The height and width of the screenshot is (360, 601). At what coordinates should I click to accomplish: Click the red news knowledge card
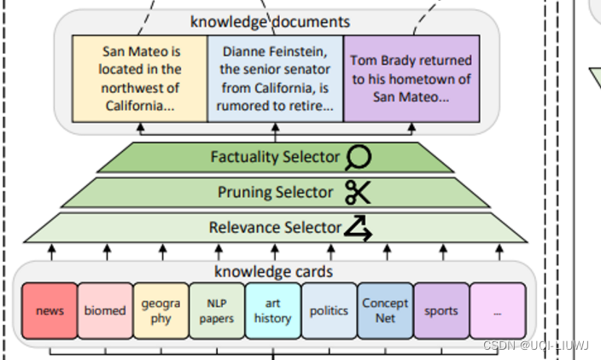coord(50,311)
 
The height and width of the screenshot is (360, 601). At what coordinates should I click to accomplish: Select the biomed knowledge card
coord(105,311)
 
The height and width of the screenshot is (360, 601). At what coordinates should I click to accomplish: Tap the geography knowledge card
coord(160,311)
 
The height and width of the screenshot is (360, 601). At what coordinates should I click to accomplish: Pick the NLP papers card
coord(217,311)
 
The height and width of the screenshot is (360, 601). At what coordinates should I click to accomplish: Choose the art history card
coord(272,311)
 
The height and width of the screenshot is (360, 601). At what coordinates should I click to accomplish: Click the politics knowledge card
coord(329,311)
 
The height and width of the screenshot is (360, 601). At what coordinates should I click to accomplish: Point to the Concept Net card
coord(385,311)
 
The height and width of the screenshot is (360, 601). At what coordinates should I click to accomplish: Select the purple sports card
coord(441,311)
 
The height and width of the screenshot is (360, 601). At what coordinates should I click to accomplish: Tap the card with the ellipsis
coord(497,311)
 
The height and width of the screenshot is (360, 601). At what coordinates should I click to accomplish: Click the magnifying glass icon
coord(359,157)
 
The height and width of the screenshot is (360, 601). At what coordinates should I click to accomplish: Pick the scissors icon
coord(358,193)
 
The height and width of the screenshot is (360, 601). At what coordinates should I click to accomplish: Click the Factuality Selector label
coord(275,157)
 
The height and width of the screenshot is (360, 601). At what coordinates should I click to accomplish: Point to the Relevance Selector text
coord(274,228)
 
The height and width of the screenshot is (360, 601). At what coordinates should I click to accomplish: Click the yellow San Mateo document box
coord(140,78)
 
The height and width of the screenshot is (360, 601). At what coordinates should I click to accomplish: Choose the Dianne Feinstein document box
coord(275,78)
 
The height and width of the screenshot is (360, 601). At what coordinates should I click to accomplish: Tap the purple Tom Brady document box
coord(411,78)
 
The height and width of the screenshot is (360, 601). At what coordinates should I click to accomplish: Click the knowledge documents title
coord(270,22)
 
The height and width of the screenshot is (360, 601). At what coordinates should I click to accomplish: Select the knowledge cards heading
coord(272,272)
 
